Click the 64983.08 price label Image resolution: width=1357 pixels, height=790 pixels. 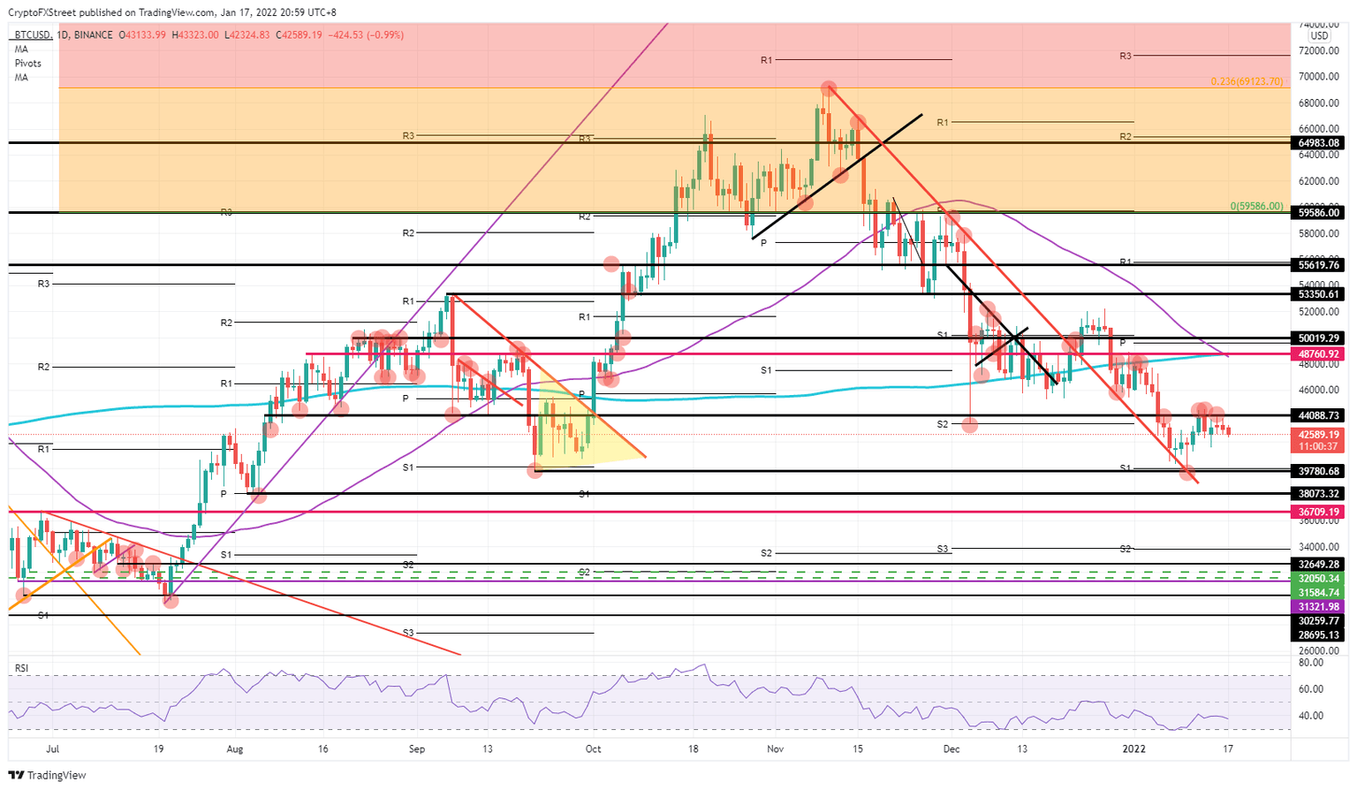(1319, 142)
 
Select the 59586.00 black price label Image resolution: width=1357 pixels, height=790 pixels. (1319, 212)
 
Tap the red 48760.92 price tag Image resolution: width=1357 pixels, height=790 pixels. (1319, 353)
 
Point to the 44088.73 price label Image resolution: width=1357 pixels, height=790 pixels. (1319, 414)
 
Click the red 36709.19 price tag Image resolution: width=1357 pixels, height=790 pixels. (1319, 512)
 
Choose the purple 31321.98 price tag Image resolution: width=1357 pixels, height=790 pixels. (1319, 607)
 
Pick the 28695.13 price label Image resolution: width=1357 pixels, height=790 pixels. (1319, 635)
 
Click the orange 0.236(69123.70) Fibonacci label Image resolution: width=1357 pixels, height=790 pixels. (1246, 81)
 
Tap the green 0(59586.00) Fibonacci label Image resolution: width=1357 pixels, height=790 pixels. (1256, 206)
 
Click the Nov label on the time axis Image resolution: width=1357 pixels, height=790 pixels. (776, 749)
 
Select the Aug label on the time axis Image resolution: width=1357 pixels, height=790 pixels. (234, 749)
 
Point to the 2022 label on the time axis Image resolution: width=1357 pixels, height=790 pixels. (1133, 749)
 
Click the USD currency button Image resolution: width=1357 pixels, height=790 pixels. (1319, 36)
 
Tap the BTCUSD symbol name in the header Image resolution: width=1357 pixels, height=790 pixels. (32, 35)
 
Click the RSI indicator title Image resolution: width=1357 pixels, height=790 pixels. (21, 669)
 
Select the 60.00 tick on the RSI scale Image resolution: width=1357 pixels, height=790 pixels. (1311, 689)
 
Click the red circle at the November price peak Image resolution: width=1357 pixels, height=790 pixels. (828, 87)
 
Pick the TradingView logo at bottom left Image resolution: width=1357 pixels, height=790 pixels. (49, 775)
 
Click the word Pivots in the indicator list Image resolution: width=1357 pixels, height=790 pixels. (27, 64)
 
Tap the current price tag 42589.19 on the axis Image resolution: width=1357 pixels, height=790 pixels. (1319, 435)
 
